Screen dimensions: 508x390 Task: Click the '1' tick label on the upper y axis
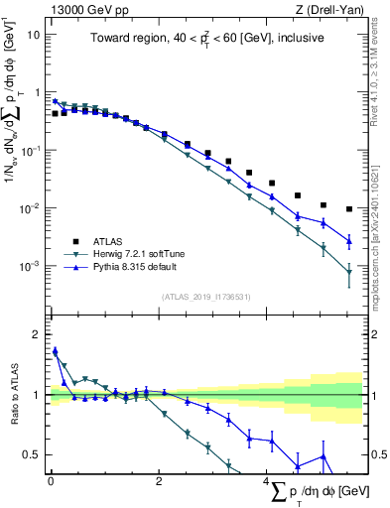(36, 92)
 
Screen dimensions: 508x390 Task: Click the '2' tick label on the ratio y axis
(36, 334)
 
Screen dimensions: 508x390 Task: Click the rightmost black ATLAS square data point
(349, 209)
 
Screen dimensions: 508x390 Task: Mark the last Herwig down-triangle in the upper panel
(349, 273)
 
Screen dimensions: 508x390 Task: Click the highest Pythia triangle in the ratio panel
(56, 350)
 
